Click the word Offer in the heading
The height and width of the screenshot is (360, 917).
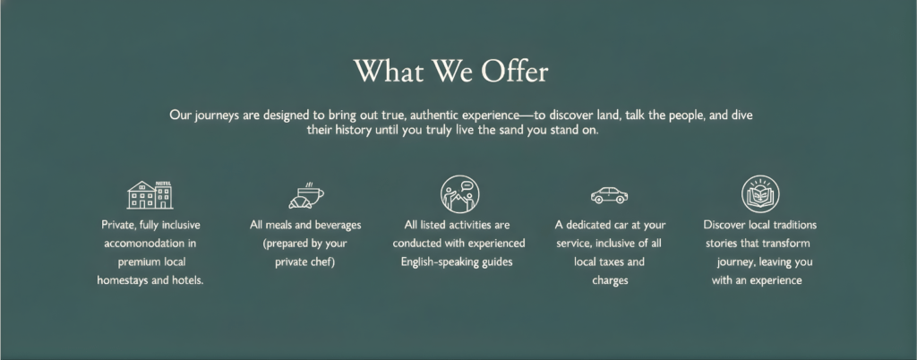click(515, 72)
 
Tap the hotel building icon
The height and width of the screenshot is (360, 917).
click(150, 194)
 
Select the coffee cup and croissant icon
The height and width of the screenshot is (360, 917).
click(306, 195)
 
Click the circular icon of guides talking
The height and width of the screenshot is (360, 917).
click(459, 194)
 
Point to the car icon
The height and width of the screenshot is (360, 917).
click(609, 195)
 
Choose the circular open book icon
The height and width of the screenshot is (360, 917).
click(760, 194)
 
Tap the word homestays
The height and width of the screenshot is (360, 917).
click(122, 280)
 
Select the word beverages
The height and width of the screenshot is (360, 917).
click(338, 225)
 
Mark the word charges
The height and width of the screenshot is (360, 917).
click(610, 280)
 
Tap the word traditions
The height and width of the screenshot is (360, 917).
click(795, 225)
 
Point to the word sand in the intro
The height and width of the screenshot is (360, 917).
click(511, 130)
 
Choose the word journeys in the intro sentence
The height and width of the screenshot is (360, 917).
click(217, 116)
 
